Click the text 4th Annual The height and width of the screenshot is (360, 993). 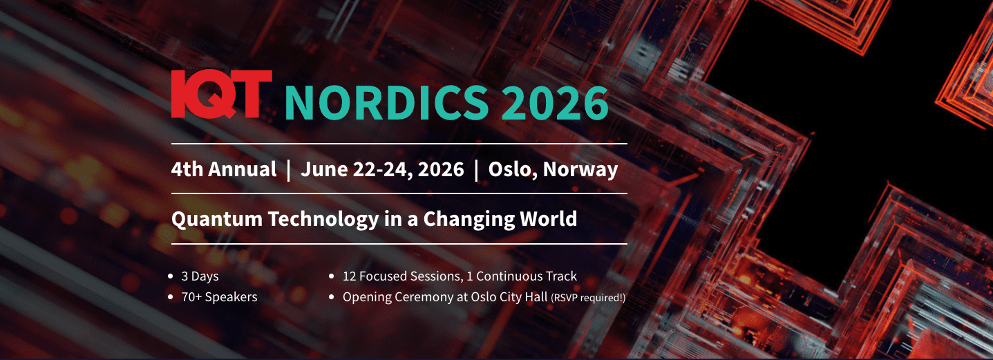pos(224,169)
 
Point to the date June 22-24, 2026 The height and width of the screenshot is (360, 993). pos(381,169)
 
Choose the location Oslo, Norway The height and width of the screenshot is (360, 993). pos(553,169)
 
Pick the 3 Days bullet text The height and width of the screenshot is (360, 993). pos(200,276)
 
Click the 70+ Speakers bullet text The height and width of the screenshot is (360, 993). pos(219,297)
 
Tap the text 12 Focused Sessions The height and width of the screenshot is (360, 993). pos(401,276)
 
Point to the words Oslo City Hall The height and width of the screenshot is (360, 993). pos(505,297)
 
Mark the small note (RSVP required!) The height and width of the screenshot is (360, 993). pos(588,298)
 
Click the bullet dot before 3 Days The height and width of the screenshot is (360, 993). pos(171,276)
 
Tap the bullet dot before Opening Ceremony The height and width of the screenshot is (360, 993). pos(332,297)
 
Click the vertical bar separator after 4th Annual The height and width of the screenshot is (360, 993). pos(288,170)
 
